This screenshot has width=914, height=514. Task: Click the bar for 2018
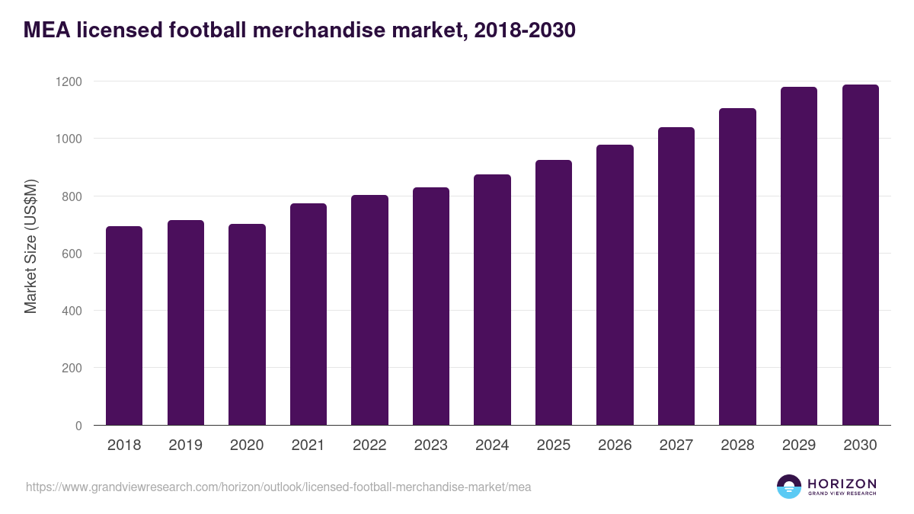pos(124,326)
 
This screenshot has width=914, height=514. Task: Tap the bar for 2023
pos(431,306)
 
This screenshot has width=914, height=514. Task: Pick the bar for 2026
pos(615,285)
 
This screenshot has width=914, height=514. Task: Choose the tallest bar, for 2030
pos(860,255)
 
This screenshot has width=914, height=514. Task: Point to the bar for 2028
pos(737,267)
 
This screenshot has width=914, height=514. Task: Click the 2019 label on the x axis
pos(185,445)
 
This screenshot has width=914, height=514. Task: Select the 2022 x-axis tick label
pos(369,445)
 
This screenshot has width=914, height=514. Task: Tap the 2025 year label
pos(554,445)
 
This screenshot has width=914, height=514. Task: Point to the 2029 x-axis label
pos(799,445)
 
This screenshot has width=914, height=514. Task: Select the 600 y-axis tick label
pos(73,254)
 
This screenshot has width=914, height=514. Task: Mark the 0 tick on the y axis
pos(78,426)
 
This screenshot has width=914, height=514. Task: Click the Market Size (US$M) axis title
pos(30,246)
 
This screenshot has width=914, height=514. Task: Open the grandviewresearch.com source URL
pos(278,487)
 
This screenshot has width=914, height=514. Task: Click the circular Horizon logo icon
pos(789,487)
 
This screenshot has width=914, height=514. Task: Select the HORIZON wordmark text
pos(842,484)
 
